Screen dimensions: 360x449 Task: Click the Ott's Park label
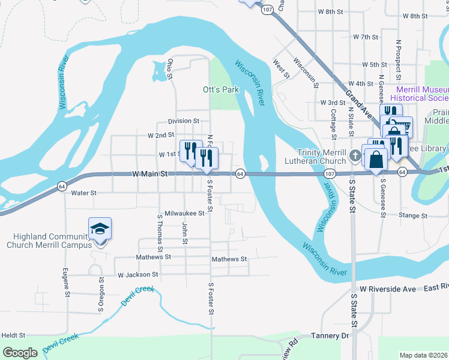(221, 89)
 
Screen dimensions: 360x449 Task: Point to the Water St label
(83, 193)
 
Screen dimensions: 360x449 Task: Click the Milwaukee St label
(184, 212)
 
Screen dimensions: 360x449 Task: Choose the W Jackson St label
(137, 274)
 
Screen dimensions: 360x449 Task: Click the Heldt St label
(13, 335)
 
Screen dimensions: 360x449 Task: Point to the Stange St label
(414, 215)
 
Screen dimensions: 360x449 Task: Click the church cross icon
(355, 156)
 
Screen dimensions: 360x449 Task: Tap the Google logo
(20, 353)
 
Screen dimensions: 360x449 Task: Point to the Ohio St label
(170, 69)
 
